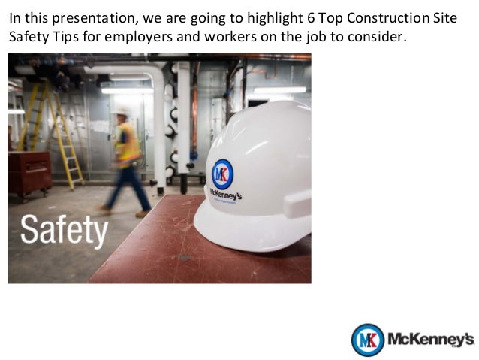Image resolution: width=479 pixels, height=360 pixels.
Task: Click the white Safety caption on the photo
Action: (64, 230)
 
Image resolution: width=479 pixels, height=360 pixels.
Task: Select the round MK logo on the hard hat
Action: (222, 174)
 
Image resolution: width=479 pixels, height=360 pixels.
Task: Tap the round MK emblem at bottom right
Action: (368, 340)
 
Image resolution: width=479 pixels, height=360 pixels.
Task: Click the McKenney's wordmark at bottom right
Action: (431, 340)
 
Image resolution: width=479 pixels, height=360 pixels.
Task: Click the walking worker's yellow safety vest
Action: (128, 143)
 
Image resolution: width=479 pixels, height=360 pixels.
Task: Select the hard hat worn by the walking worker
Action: (122, 113)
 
